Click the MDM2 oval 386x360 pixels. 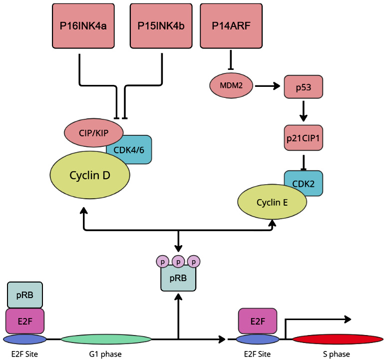pyautogui.click(x=231, y=85)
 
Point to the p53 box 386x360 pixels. pyautogui.click(x=303, y=86)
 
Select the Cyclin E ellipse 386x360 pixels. pyautogui.click(x=272, y=202)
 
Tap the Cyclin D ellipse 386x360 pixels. pyautogui.click(x=90, y=175)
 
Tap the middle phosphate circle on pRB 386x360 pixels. pyautogui.click(x=178, y=262)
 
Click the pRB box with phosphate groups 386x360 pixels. pyautogui.click(x=178, y=278)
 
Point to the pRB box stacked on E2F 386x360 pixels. pyautogui.click(x=25, y=295)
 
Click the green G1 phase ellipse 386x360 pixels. pyautogui.click(x=106, y=340)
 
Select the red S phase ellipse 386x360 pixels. pyautogui.click(x=338, y=340)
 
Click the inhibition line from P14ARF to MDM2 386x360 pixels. pyautogui.click(x=231, y=59)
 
